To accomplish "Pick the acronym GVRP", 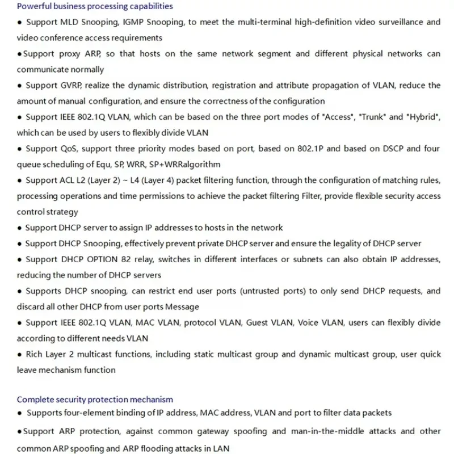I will pos(71,85).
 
